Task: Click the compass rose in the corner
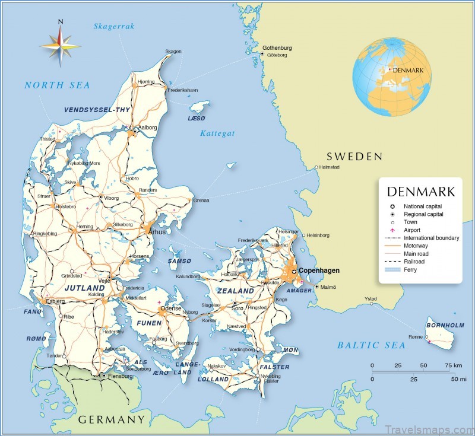point(59,43)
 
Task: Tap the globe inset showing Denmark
point(391,78)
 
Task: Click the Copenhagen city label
point(319,270)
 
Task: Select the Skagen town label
point(173,52)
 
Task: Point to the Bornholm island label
point(445,325)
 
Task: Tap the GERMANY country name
point(112,419)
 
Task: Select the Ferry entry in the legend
point(410,269)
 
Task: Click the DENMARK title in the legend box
point(420,192)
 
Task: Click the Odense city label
point(170,308)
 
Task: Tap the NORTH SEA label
point(57,85)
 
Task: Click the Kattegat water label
point(217,133)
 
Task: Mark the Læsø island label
point(196,119)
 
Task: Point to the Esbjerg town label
point(55,301)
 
